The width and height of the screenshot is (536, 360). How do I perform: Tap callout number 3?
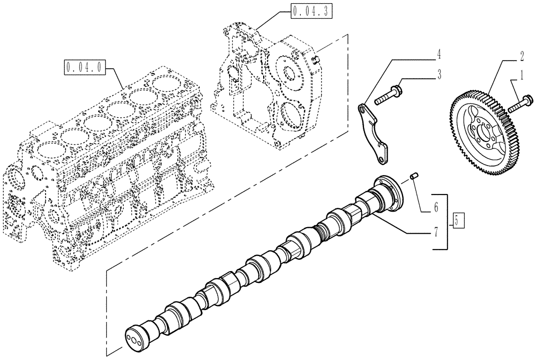pos(438,75)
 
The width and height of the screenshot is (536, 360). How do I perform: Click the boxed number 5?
pos(456,220)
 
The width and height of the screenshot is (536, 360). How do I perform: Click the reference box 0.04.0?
pos(85,67)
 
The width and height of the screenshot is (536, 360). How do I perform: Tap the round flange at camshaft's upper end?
pos(392,193)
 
